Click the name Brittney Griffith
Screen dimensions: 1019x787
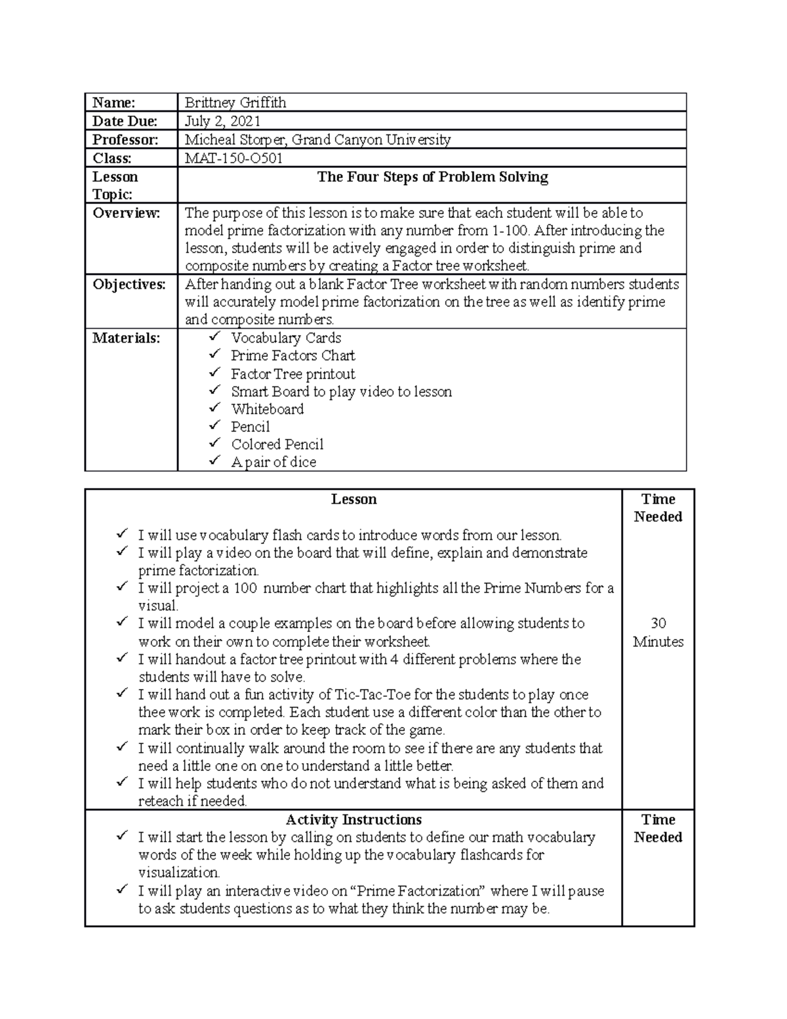235,102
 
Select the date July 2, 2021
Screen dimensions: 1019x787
222,121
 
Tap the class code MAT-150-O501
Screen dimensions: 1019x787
233,158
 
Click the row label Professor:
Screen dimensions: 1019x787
125,140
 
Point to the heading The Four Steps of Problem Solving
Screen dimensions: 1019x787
432,177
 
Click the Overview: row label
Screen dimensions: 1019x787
126,213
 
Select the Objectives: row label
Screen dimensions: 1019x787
129,285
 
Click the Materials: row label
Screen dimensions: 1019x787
126,339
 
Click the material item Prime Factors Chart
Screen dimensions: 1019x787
293,356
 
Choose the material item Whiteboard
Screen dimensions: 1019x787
267,409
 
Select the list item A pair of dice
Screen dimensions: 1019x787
273,462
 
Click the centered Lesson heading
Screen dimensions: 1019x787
353,499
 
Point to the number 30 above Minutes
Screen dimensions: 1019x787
658,623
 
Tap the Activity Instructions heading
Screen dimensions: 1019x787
353,820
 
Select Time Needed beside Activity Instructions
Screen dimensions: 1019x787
658,828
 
